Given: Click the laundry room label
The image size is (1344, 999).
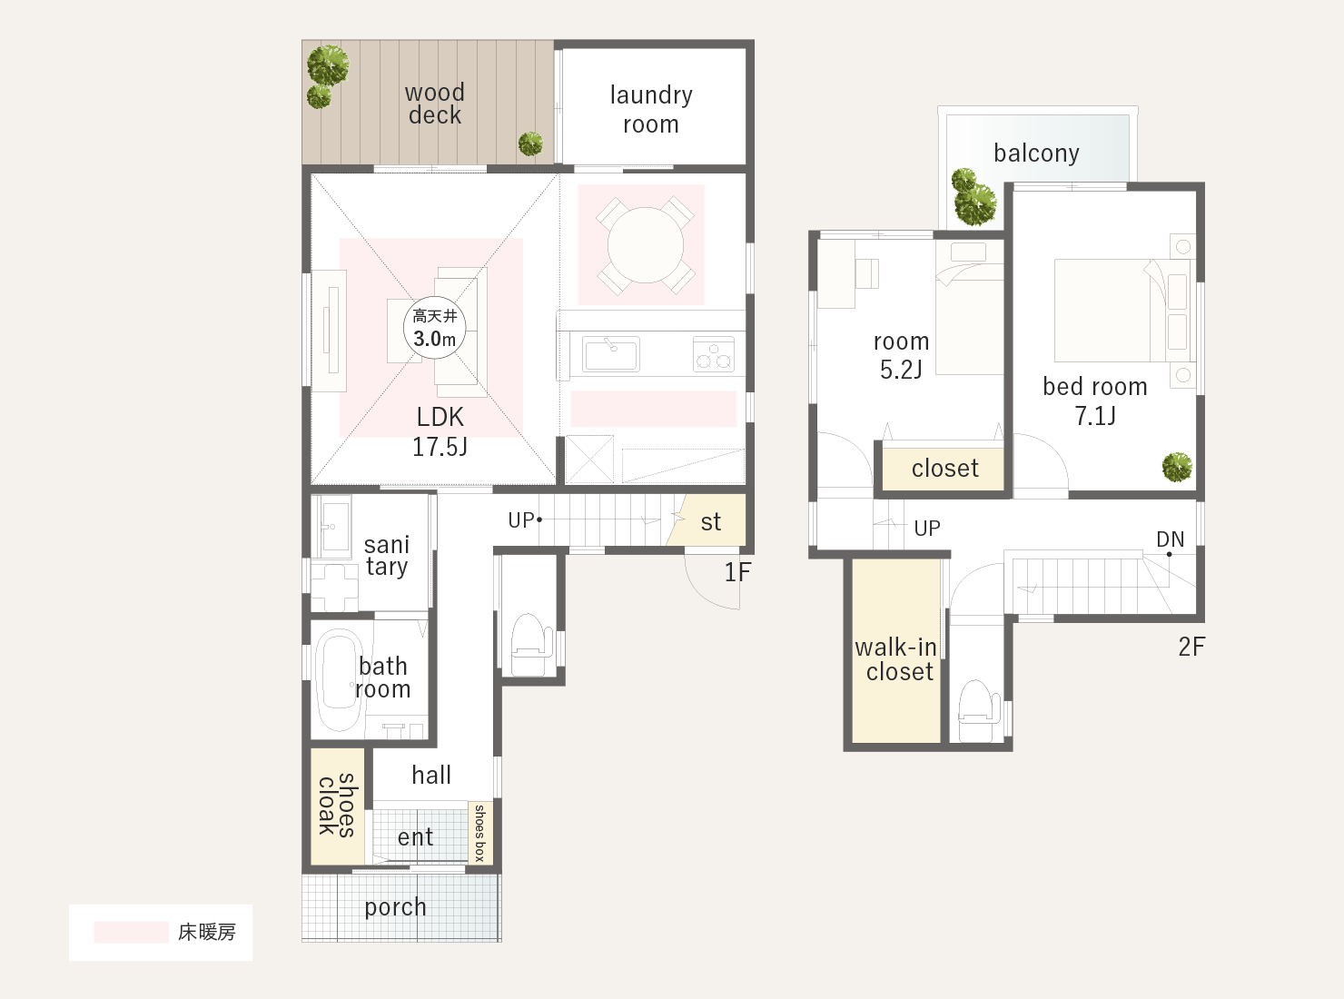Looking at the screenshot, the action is [x=651, y=110].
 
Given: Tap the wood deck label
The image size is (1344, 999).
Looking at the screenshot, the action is [x=434, y=104].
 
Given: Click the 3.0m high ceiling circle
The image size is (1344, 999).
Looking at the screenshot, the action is [x=434, y=328].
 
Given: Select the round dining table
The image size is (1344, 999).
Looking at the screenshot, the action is [x=646, y=245].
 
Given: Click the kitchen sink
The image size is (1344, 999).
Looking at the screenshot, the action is [x=611, y=354].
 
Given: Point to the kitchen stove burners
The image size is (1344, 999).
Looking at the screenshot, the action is [x=714, y=354].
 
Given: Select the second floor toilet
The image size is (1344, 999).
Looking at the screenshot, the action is [x=978, y=710].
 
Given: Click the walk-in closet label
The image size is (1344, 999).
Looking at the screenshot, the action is [x=896, y=659].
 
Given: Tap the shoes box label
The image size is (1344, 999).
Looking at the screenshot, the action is [x=479, y=833].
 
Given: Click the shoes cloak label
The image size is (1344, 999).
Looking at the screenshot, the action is [x=337, y=806].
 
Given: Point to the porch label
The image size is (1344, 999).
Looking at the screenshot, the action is [x=396, y=908].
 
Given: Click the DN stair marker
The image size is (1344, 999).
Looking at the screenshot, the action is [x=1170, y=539].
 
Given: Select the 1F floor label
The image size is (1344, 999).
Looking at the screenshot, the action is [x=737, y=572].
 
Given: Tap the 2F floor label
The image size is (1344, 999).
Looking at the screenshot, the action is [x=1191, y=647].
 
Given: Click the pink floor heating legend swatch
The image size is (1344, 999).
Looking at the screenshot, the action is [x=131, y=933].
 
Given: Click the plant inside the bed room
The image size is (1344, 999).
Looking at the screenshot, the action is [x=1177, y=468].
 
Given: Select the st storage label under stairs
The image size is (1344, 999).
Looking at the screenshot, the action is [x=711, y=522].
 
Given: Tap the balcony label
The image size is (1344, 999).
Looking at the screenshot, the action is [x=1036, y=153].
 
